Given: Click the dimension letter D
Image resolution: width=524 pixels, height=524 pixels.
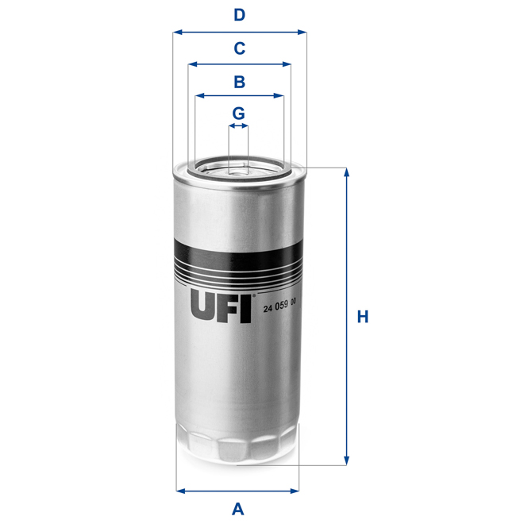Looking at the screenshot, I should [239, 14].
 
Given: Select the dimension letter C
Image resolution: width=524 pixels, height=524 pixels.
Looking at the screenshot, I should [239, 48].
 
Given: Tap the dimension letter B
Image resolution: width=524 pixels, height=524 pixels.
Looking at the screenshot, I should [239, 81].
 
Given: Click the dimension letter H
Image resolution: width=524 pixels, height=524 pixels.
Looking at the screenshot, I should [363, 317].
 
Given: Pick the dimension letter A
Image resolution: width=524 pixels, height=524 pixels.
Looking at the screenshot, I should [237, 509].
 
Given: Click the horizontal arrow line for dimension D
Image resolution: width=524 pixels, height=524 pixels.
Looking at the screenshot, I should [239, 33].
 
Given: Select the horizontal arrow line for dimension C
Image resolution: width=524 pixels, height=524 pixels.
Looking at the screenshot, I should [239, 65].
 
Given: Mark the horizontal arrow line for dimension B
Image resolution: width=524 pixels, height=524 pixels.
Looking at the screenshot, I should [239, 96].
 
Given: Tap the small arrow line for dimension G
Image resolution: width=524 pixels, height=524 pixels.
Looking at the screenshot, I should [238, 125].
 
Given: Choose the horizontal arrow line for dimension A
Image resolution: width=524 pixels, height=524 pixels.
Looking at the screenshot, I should [237, 490].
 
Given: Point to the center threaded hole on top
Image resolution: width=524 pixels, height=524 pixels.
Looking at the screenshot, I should [238, 168].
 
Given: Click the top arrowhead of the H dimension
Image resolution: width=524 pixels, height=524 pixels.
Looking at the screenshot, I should [346, 172].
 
